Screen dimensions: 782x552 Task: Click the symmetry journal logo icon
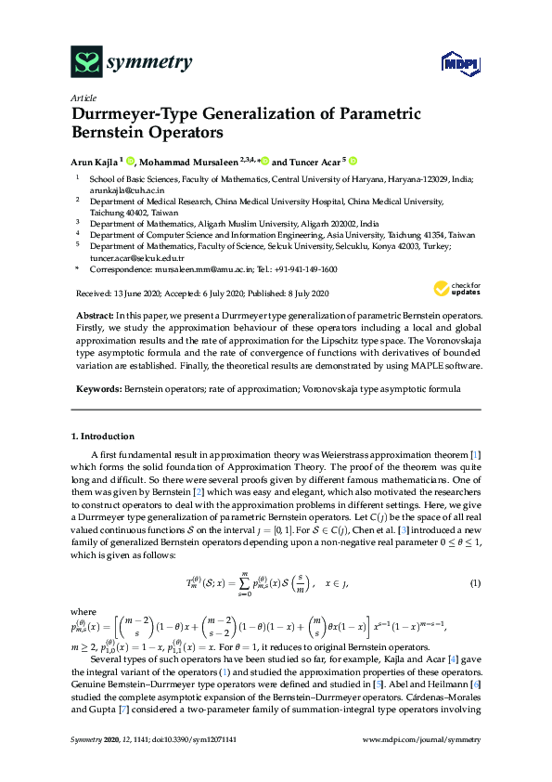click(86, 62)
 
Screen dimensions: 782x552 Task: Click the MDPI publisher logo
click(454, 62)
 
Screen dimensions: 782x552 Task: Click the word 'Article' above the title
click(82, 97)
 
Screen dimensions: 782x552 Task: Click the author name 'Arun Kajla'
click(99, 161)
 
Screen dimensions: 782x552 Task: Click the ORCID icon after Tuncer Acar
click(353, 160)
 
